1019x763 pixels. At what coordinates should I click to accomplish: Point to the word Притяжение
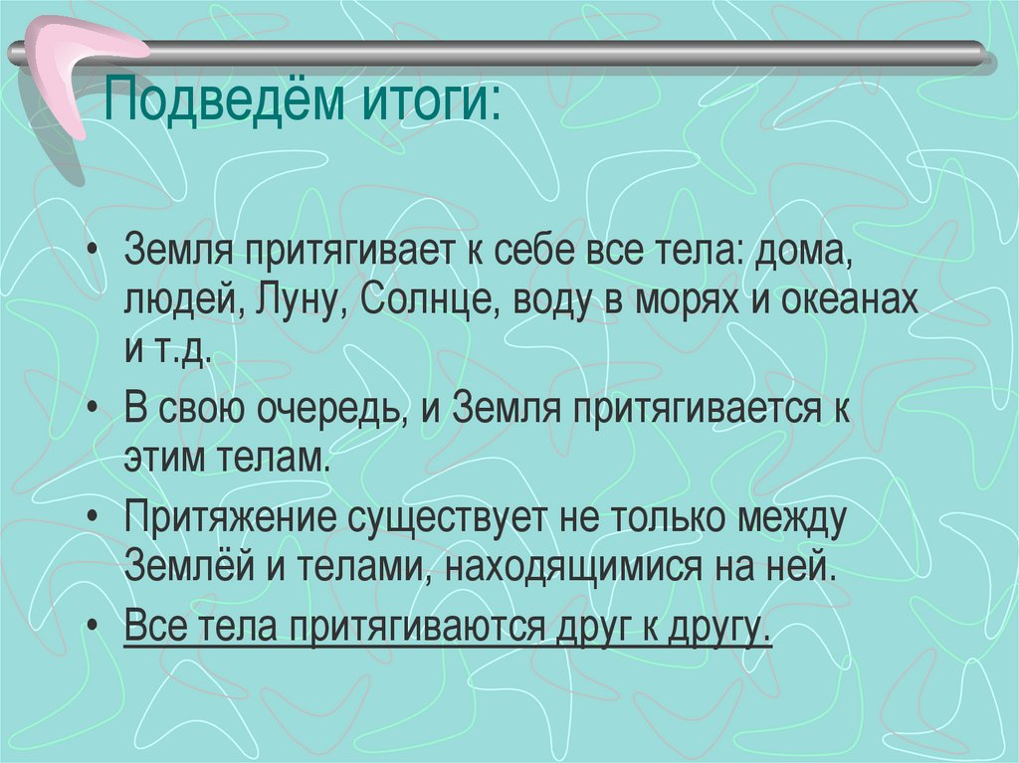[x=234, y=518]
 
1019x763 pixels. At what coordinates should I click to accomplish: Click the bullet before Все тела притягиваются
[x=93, y=627]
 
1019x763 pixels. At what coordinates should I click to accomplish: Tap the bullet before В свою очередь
[x=93, y=410]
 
